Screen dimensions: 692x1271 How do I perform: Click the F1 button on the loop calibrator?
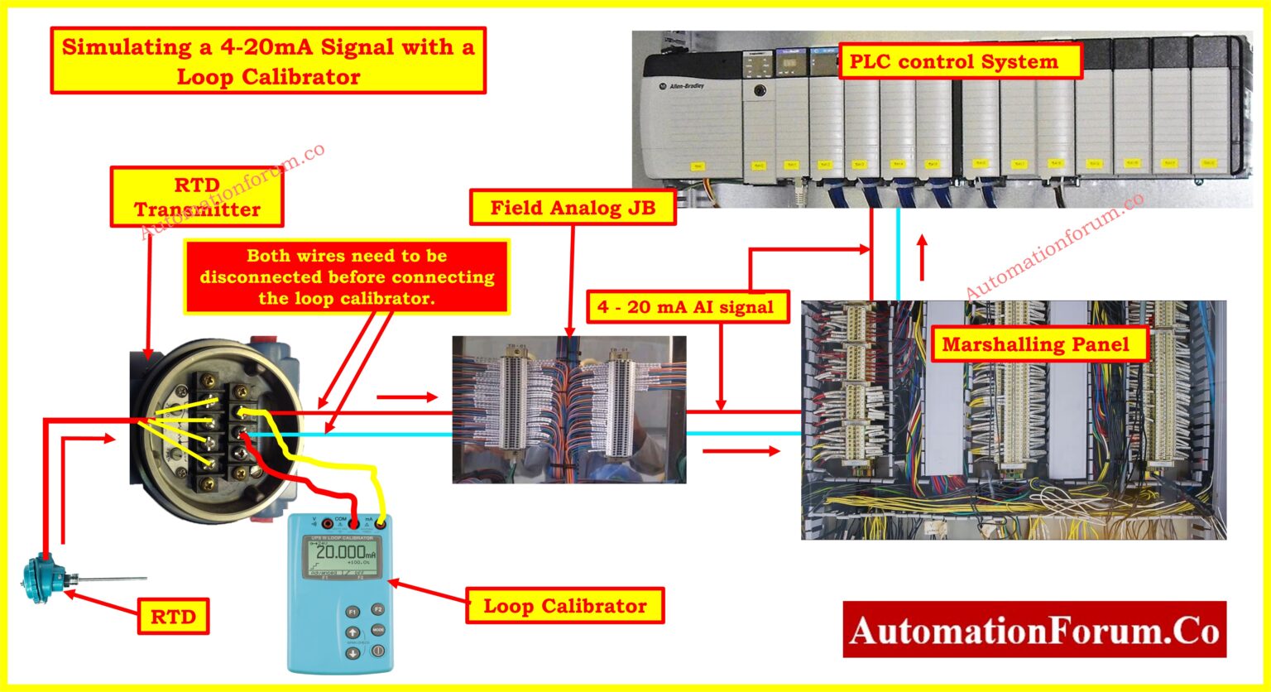point(352,612)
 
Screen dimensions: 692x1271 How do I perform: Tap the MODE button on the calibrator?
point(377,630)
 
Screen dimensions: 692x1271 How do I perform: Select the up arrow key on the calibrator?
point(352,633)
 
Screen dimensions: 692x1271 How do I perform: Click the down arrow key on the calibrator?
point(352,654)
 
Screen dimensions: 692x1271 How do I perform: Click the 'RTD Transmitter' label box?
point(197,197)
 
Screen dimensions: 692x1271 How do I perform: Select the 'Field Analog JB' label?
point(573,207)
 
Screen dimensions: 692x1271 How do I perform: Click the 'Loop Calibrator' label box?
point(564,606)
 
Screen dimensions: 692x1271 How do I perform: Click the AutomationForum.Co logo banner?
point(1034,630)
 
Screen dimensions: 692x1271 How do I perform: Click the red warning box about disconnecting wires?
point(347,276)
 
